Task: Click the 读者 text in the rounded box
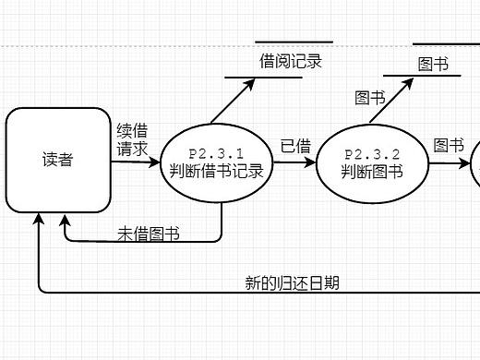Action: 57,159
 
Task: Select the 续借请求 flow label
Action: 132,139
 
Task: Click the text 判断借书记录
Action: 217,171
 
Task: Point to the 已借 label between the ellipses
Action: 295,146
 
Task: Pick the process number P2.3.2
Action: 372,154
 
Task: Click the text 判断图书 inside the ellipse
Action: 372,171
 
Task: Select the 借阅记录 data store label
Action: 291,61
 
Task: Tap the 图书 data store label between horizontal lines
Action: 433,64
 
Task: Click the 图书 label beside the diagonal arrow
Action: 370,98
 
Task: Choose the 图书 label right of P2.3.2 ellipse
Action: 449,146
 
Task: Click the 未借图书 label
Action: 148,234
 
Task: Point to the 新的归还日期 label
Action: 292,282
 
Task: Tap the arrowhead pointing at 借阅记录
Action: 253,81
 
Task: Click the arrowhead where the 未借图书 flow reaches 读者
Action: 65,220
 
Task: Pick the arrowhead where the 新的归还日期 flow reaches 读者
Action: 38,220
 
